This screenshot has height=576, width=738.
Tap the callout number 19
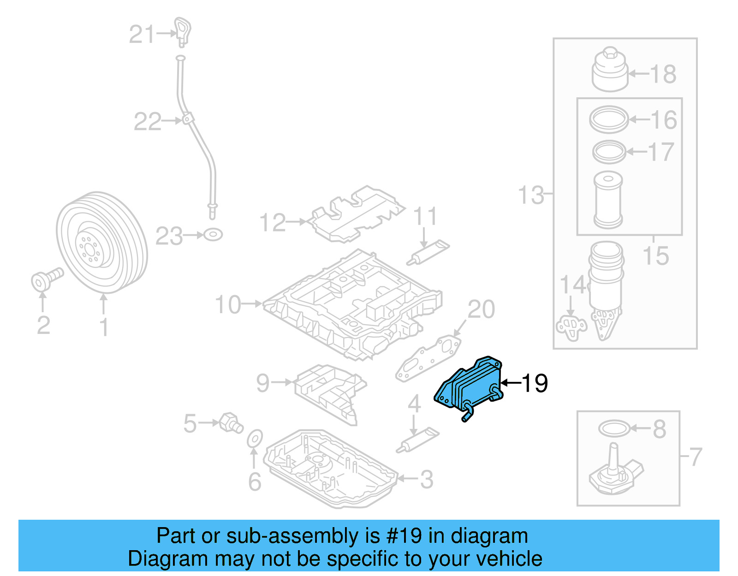pos(535,383)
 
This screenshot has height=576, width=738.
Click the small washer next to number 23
pos(213,235)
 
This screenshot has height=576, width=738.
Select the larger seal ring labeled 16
pos(609,119)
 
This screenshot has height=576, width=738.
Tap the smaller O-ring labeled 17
pos(609,152)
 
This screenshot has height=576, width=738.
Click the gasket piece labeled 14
pos(571,327)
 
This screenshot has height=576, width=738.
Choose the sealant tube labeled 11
pos(428,253)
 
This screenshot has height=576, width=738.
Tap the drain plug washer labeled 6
pos(255,439)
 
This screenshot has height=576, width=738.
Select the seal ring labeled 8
pos(613,428)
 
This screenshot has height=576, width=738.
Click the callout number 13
pos(531,195)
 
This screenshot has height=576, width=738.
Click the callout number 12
pos(273,223)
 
